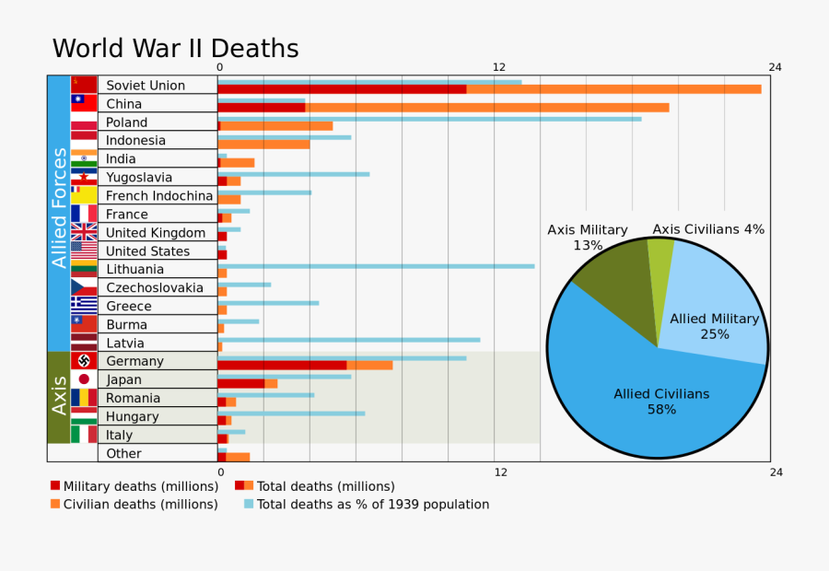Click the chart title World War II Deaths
coord(175,49)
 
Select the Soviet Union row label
coord(146,86)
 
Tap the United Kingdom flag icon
coord(84,232)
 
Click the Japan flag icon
coord(84,379)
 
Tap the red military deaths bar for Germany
coord(282,365)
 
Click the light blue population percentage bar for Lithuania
coord(376,266)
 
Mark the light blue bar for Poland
coord(429,119)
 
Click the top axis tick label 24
coord(775,67)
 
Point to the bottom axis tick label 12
coord(500,472)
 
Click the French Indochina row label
coord(158,196)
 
